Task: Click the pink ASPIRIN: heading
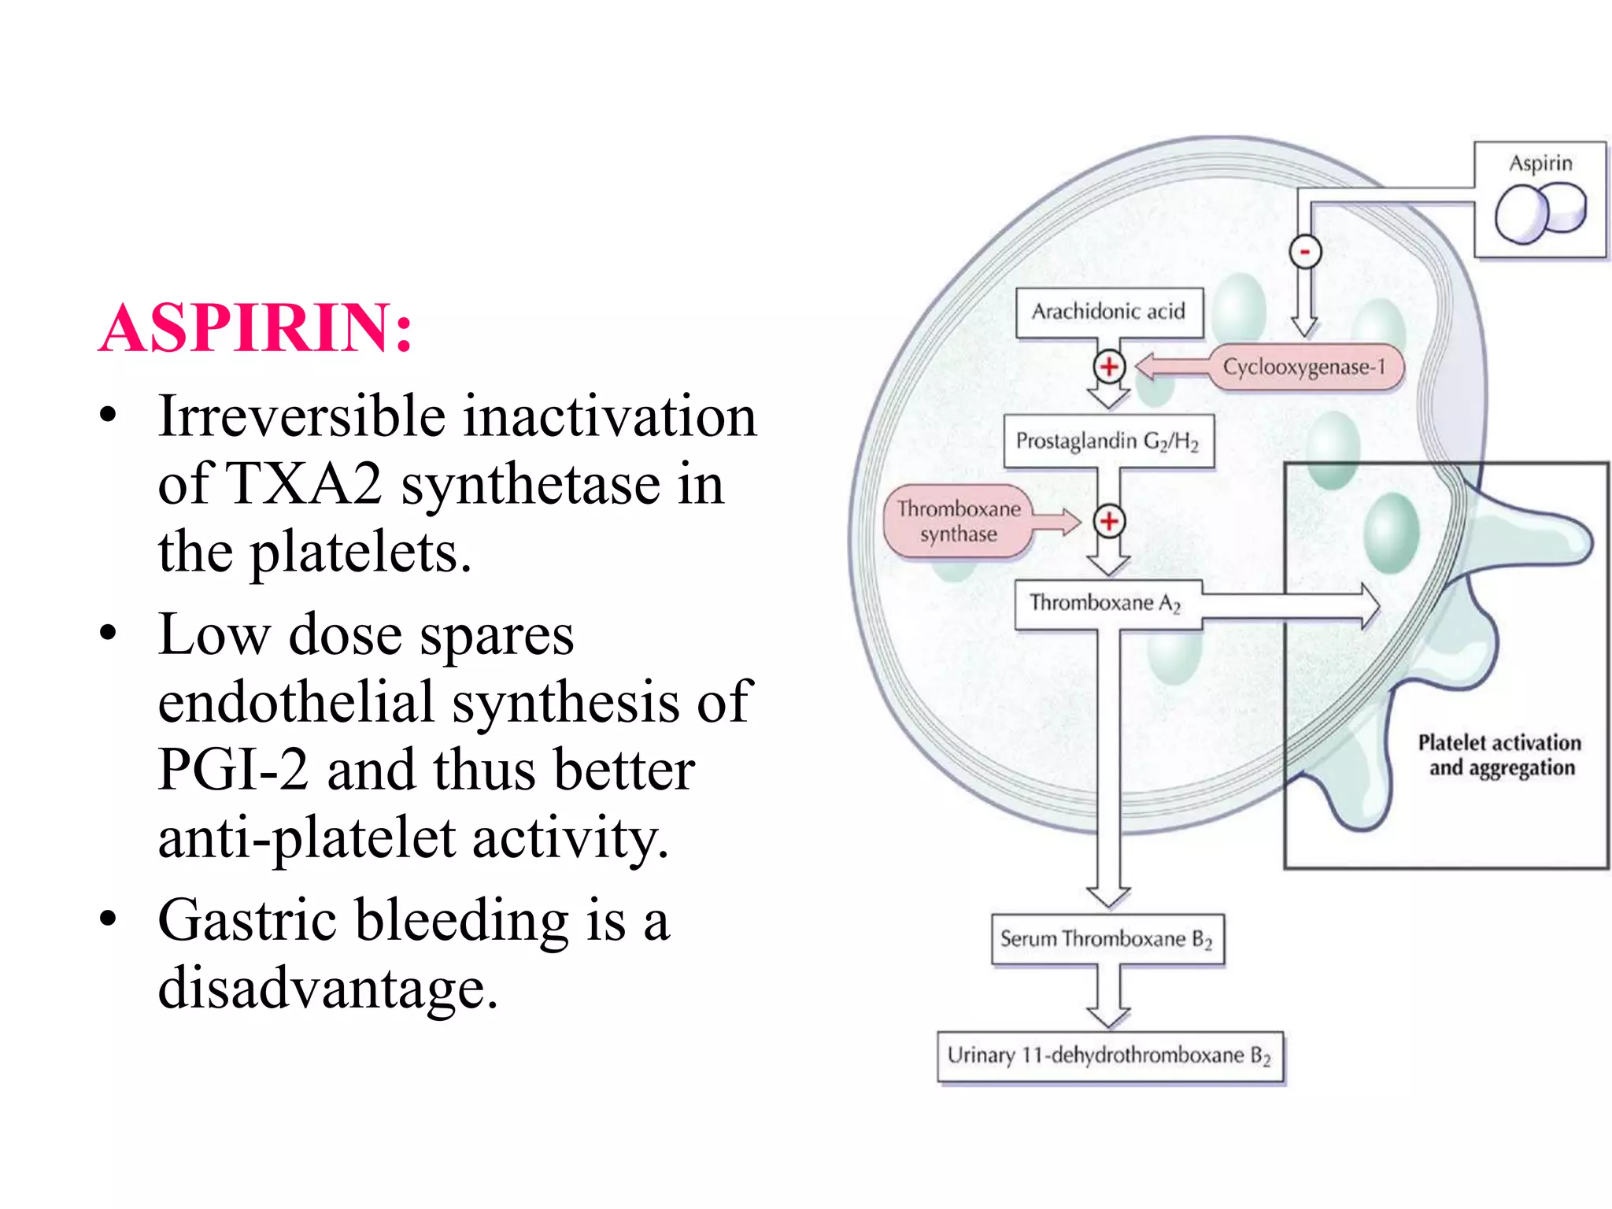click(256, 328)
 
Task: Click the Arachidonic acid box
click(1109, 312)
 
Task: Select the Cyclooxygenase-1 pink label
click(1304, 367)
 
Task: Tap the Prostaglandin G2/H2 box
click(1108, 441)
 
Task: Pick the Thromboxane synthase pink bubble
click(958, 522)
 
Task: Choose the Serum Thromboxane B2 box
click(1107, 939)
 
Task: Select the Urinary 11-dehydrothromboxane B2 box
click(1109, 1056)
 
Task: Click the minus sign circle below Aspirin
click(1305, 252)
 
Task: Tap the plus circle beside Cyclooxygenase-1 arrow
click(1109, 367)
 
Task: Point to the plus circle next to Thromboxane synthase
click(1109, 521)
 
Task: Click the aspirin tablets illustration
click(1540, 213)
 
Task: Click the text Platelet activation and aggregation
click(1500, 755)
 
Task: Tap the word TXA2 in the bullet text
click(305, 484)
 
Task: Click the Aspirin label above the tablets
click(1540, 164)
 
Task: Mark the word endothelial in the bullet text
click(296, 701)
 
